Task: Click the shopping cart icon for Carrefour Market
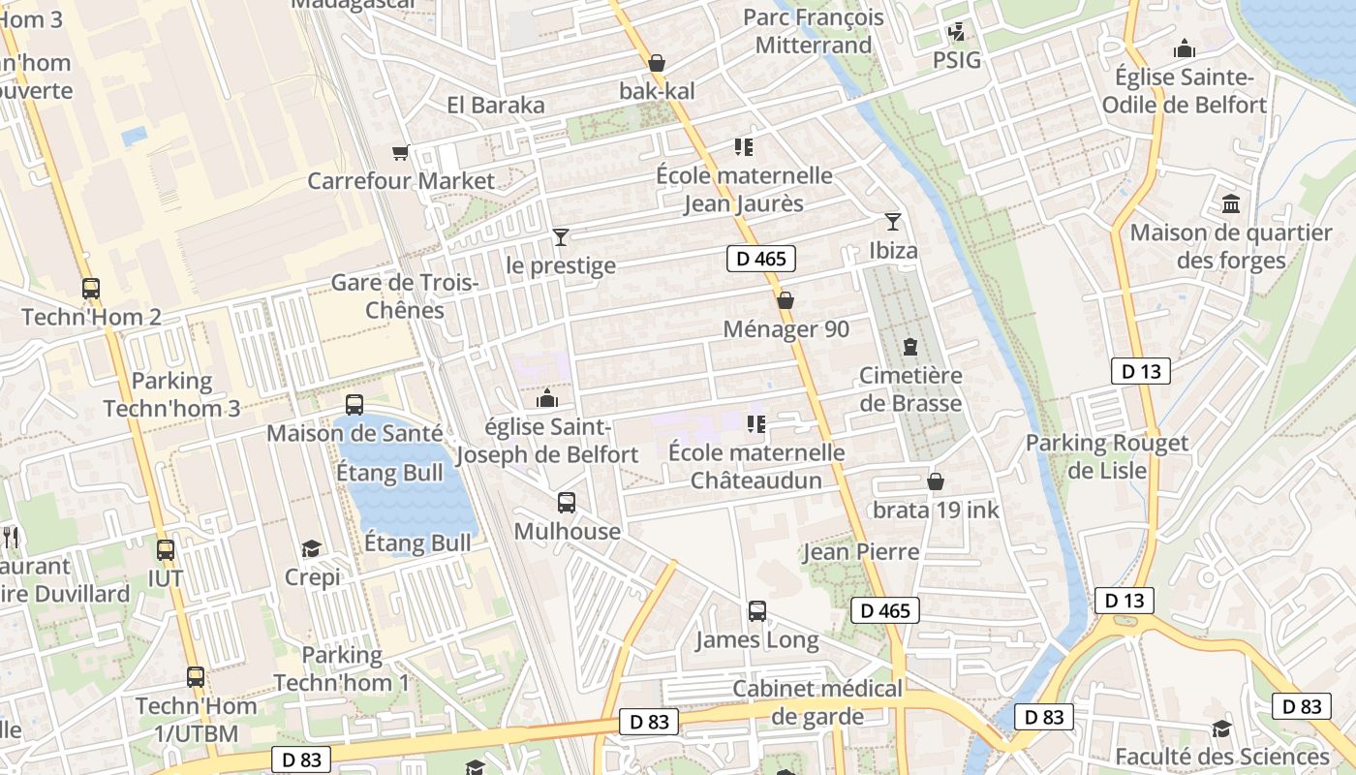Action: point(400,152)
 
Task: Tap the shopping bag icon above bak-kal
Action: point(657,63)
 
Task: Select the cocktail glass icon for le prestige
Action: point(560,236)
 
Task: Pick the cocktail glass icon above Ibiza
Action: point(892,222)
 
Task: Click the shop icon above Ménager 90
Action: point(786,300)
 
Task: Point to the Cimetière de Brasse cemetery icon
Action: point(909,347)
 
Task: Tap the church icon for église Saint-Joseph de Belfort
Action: point(547,398)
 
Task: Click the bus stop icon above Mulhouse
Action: point(567,503)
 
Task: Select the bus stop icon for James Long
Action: point(757,611)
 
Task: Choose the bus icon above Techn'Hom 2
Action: point(91,289)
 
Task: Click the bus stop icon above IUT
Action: point(166,550)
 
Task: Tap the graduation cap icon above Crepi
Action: point(311,549)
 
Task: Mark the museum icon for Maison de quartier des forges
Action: point(1231,204)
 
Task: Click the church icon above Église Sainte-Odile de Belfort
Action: point(1184,48)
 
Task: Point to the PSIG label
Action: point(957,60)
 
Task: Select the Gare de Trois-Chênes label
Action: point(405,296)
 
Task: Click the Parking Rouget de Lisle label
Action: point(1106,456)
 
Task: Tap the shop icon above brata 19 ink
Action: point(936,481)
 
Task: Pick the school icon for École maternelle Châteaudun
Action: point(756,423)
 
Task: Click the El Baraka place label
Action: point(496,105)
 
